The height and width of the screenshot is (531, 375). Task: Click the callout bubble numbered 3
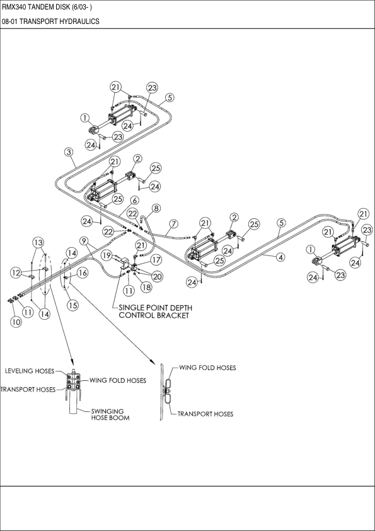click(69, 152)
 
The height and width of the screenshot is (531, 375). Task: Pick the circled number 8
click(156, 207)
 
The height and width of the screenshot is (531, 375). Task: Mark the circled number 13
click(38, 243)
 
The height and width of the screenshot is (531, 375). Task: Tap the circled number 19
click(107, 256)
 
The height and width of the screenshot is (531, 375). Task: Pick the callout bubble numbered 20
click(156, 276)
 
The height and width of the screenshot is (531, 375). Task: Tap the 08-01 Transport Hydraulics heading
click(50, 21)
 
